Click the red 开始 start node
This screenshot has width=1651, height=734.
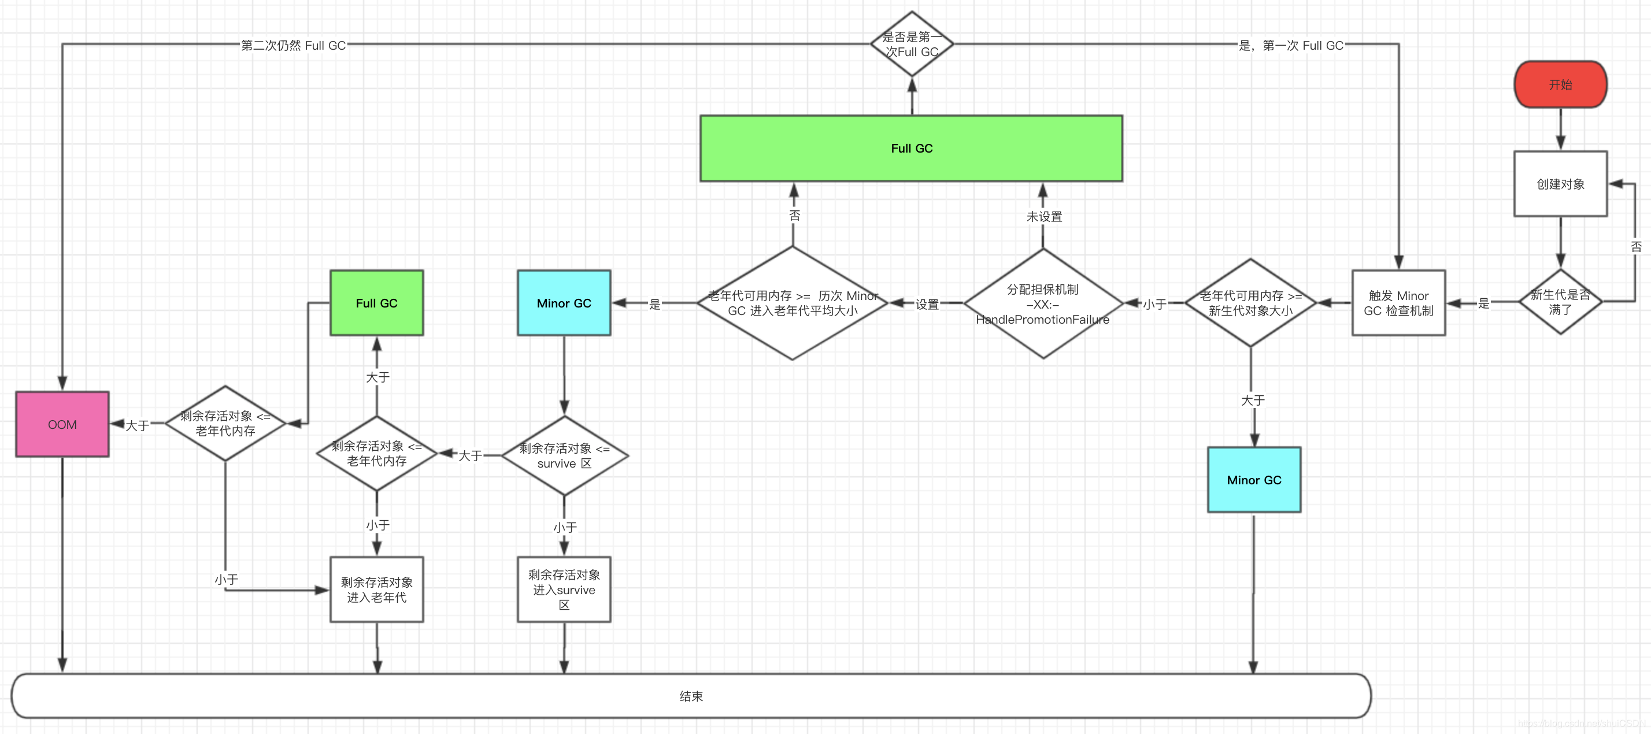[x=1560, y=84]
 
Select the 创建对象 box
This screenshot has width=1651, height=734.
[x=1560, y=184]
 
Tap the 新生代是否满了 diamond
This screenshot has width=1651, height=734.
[x=1560, y=301]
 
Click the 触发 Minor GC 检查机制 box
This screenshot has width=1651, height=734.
[x=1398, y=303]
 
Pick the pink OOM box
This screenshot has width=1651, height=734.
[x=62, y=424]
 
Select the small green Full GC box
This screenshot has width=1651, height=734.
[x=376, y=303]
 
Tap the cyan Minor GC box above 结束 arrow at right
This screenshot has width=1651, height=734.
[x=1254, y=480]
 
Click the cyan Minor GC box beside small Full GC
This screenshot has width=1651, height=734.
[x=564, y=303]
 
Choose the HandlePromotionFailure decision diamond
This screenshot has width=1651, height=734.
[x=1043, y=304]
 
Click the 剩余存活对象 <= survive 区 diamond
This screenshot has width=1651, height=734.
[x=564, y=456]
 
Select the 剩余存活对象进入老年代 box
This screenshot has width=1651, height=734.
[x=376, y=589]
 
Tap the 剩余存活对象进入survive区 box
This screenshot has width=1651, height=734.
[x=564, y=589]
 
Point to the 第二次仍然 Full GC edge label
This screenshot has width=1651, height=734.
[x=293, y=46]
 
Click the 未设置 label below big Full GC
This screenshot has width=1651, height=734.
[x=1044, y=217]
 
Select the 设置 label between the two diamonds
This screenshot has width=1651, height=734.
[x=926, y=305]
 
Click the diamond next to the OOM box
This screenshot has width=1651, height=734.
[x=225, y=423]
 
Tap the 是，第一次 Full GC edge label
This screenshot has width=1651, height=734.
[x=1290, y=46]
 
